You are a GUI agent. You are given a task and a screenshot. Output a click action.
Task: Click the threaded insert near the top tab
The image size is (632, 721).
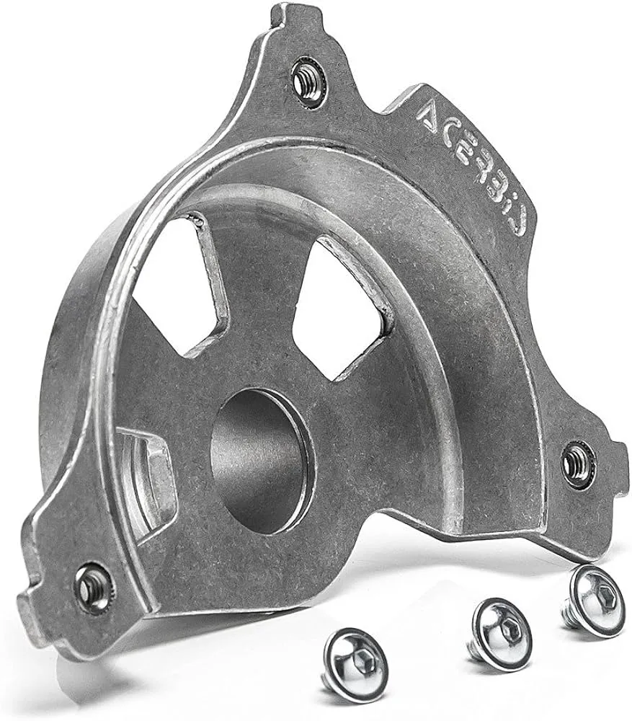click(x=305, y=83)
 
